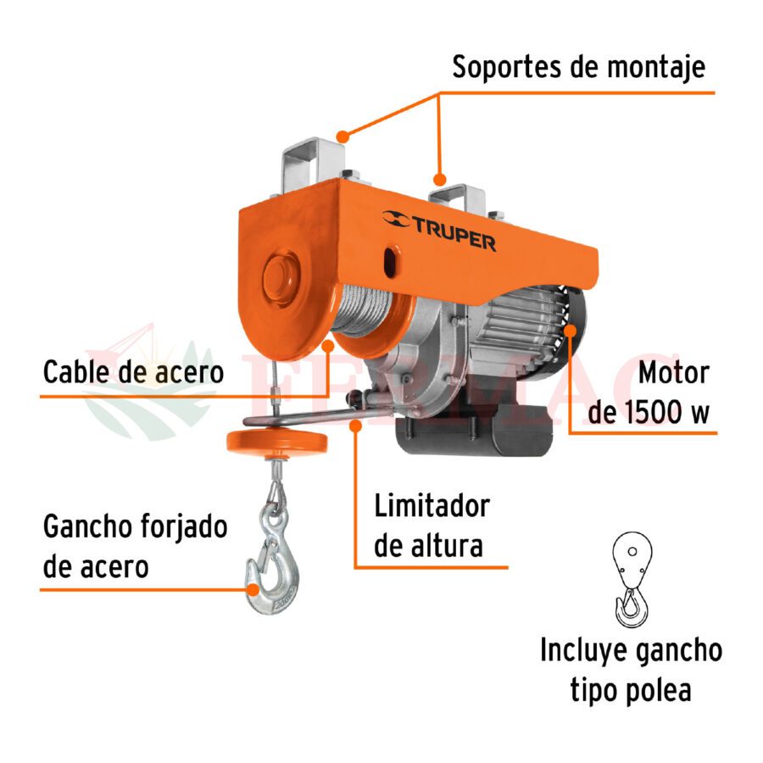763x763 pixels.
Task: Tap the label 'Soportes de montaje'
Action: click(578, 67)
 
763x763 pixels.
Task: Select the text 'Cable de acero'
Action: click(133, 372)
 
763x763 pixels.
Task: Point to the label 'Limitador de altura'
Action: click(432, 526)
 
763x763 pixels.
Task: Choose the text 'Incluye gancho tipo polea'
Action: click(631, 670)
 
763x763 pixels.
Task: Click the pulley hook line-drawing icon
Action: click(632, 580)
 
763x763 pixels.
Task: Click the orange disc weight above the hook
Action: click(277, 442)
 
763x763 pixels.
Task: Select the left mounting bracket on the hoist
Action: click(313, 164)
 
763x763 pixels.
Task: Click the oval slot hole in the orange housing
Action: click(390, 261)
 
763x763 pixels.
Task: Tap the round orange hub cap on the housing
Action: click(281, 278)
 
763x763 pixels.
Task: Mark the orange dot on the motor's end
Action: click(570, 331)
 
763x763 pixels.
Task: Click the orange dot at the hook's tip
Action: click(252, 590)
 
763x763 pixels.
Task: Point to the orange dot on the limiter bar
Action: click(356, 426)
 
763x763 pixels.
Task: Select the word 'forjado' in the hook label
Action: click(183, 528)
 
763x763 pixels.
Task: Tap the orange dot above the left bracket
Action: click(343, 136)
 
